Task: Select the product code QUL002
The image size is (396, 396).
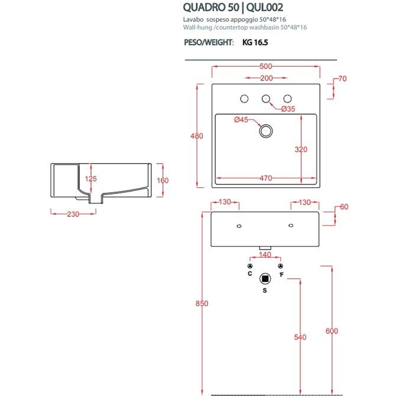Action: tap(261, 8)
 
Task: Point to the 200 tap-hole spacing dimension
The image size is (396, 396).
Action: tap(265, 79)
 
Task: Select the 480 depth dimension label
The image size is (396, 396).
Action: tap(197, 136)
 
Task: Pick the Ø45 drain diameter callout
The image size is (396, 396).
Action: tap(241, 120)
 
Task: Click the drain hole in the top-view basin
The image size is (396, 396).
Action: tap(265, 130)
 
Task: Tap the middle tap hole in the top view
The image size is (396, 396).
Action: tap(265, 98)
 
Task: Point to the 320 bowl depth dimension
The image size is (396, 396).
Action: tap(301, 150)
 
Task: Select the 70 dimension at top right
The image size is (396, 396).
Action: tap(343, 79)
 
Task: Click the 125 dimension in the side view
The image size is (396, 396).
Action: tap(90, 178)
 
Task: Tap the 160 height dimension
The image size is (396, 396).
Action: tap(163, 180)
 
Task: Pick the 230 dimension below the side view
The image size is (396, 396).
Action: tap(72, 215)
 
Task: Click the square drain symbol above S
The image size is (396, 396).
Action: tap(265, 278)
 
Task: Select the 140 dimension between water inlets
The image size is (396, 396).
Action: tap(265, 255)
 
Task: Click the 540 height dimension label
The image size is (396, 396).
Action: tap(301, 337)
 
